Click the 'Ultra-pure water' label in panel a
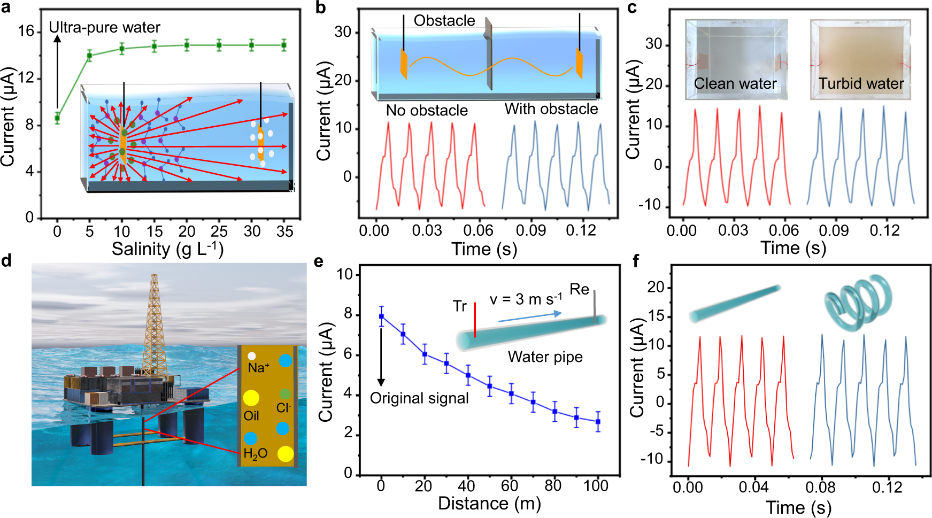tap(104, 27)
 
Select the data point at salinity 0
tap(57, 118)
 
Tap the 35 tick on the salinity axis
tap(284, 231)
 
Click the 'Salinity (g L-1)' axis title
tap(167, 249)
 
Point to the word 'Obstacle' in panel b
tap(444, 21)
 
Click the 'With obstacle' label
tap(551, 109)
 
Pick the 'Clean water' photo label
tap(735, 84)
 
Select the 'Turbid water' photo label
tap(861, 84)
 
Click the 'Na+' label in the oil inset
tap(259, 368)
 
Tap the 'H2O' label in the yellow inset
tap(255, 454)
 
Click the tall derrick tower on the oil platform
tap(154, 321)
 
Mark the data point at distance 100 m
tap(598, 422)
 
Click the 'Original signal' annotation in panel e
tap(419, 398)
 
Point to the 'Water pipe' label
tap(545, 357)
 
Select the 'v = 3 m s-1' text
tap(526, 299)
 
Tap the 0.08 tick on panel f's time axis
tap(820, 488)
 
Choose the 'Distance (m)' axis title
tap(489, 504)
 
